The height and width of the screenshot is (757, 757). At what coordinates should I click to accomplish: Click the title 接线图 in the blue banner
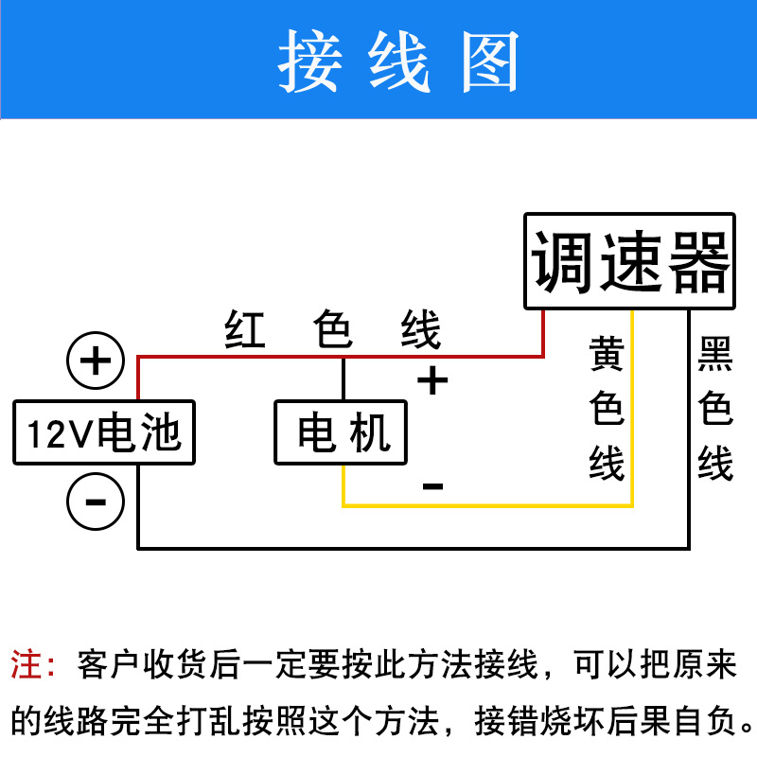pyautogui.click(x=399, y=62)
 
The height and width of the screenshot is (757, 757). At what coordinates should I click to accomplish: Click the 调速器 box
pyautogui.click(x=630, y=261)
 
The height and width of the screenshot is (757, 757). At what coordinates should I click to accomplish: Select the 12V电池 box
pyautogui.click(x=104, y=433)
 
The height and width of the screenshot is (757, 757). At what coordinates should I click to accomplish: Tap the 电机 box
pyautogui.click(x=342, y=432)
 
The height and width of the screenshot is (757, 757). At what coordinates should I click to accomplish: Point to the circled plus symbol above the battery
pyautogui.click(x=96, y=361)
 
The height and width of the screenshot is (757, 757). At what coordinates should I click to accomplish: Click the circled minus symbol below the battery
pyautogui.click(x=96, y=499)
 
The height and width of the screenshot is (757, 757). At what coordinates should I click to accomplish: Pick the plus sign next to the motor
pyautogui.click(x=432, y=380)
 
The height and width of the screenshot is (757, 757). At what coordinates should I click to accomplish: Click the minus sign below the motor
pyautogui.click(x=432, y=486)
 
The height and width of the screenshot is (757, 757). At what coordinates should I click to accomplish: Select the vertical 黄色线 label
pyautogui.click(x=607, y=409)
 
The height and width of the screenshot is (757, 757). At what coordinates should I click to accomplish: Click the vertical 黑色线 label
pyautogui.click(x=715, y=409)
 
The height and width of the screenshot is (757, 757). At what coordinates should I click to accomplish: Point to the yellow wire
pyautogui.click(x=492, y=505)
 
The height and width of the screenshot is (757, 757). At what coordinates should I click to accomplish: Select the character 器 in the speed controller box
pyautogui.click(x=700, y=261)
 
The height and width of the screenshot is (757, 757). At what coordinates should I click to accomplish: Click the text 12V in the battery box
pyautogui.click(x=58, y=434)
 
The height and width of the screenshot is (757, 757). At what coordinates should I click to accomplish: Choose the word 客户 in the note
pyautogui.click(x=103, y=663)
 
